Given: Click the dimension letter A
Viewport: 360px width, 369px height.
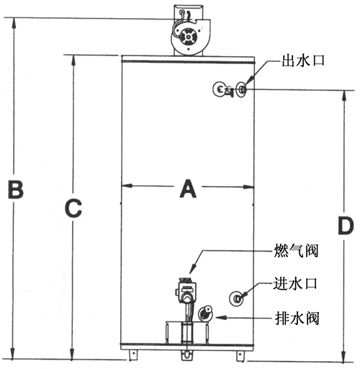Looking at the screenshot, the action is point(188,189).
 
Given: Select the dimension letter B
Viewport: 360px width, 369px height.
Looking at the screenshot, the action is point(16,190).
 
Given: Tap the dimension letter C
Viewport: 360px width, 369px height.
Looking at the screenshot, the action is point(73,208).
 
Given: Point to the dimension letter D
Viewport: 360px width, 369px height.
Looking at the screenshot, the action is point(346,226).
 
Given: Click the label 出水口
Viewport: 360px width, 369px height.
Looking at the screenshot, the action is point(303,61).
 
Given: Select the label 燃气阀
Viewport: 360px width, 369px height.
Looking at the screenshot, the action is point(296,251).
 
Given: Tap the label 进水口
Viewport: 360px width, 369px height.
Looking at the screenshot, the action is point(295,283).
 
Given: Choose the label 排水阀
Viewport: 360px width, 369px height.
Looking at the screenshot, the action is point(297,318).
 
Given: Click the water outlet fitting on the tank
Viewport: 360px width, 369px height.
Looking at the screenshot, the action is point(241,89).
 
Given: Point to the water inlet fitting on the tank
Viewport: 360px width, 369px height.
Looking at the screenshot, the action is point(236,298).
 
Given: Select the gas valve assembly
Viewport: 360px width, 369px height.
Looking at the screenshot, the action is point(186,290).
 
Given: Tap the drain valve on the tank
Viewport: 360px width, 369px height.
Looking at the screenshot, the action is point(205,313).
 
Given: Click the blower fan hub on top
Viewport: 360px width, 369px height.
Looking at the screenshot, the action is point(189,37).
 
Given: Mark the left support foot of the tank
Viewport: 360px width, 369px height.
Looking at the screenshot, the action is point(132,355).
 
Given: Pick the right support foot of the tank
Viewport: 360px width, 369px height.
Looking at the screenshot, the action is point(240,355).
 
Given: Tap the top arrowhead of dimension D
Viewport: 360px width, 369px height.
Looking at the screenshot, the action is point(344,96).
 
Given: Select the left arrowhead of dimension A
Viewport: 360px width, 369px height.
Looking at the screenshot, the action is point(127,186).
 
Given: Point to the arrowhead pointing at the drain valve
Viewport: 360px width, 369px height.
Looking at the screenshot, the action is point(221,318).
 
